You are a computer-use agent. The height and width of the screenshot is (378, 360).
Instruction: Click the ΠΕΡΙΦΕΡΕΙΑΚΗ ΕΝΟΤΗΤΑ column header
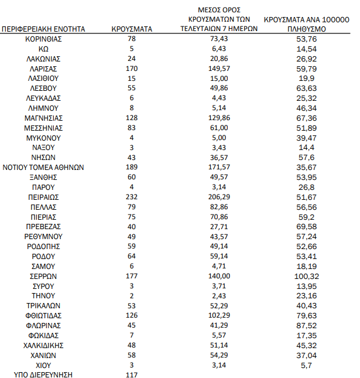[x=43, y=28]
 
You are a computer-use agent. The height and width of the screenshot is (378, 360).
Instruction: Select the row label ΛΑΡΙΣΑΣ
[x=43, y=68]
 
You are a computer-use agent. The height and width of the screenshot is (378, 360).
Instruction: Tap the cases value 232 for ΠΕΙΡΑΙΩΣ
[x=132, y=197]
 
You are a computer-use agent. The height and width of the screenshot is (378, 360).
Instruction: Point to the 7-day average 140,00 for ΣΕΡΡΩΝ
[x=219, y=276]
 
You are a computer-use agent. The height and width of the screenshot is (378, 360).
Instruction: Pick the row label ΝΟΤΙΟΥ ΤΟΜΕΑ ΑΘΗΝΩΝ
[x=43, y=167]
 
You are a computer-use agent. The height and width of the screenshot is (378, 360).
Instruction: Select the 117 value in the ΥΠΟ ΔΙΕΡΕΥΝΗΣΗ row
[x=132, y=375]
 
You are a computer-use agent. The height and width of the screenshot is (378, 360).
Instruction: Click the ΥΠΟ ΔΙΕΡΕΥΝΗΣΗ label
[x=43, y=375]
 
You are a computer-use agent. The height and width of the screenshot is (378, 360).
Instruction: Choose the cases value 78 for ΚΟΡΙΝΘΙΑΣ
[x=132, y=38]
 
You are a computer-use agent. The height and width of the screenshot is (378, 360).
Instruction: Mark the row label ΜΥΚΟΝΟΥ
[x=43, y=137]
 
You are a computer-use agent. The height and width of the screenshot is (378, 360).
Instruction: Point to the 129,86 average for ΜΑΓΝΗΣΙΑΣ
[x=219, y=117]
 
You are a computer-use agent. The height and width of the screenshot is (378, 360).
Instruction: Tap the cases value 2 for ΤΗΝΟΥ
[x=132, y=296]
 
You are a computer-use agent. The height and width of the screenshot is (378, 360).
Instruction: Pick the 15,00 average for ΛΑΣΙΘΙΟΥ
[x=219, y=78]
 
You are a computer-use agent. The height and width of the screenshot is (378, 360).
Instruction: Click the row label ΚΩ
[x=43, y=48]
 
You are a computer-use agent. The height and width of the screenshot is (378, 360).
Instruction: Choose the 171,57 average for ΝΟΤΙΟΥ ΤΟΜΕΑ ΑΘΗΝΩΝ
[x=219, y=167]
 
